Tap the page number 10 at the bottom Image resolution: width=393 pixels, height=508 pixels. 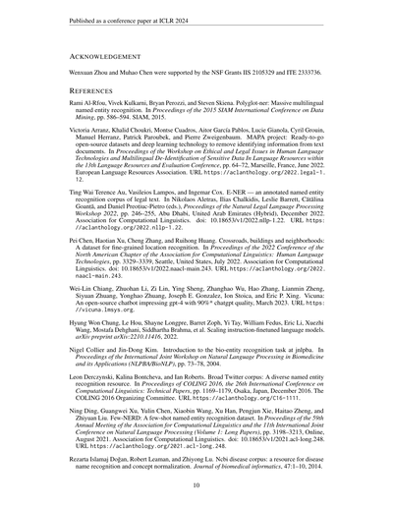coord(196,484)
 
